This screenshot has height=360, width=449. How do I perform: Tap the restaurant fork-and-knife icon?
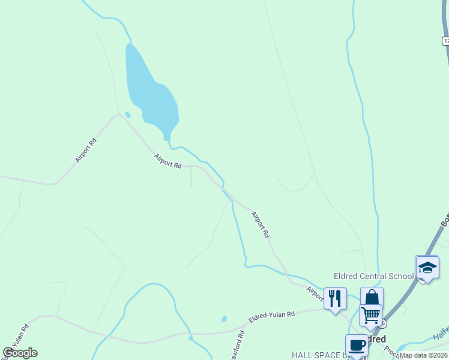(x=335, y=298)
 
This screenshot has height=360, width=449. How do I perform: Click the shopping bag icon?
(x=372, y=297)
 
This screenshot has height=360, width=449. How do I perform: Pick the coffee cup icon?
(x=357, y=345)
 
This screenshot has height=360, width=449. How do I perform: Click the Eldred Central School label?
(x=373, y=276)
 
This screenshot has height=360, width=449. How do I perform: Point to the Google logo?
(x=20, y=353)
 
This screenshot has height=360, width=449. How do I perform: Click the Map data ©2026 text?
(x=424, y=355)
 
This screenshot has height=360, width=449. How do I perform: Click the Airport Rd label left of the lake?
(x=86, y=150)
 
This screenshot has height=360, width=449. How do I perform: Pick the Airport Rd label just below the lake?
(x=167, y=161)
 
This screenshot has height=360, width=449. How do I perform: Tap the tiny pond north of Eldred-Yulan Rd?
(x=224, y=319)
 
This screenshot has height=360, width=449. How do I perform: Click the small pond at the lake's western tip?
(x=127, y=115)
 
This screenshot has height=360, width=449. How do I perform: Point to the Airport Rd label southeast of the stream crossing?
(x=260, y=225)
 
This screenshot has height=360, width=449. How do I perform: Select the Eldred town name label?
(x=375, y=339)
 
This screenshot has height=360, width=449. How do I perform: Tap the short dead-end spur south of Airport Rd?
(x=191, y=178)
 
